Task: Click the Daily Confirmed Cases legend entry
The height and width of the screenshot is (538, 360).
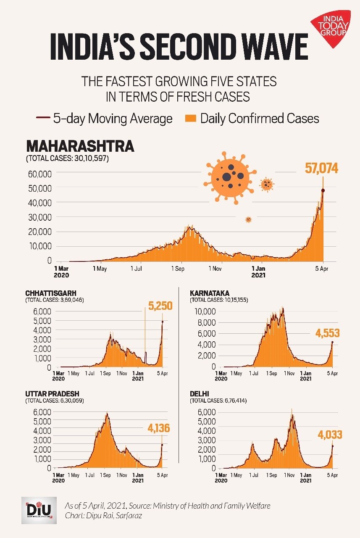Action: click(252, 119)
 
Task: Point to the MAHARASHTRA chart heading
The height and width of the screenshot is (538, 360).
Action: click(80, 146)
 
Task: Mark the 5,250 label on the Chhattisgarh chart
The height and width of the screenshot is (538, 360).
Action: click(158, 306)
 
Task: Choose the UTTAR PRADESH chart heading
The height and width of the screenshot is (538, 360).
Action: click(52, 394)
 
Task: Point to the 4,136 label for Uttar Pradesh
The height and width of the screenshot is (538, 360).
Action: click(159, 429)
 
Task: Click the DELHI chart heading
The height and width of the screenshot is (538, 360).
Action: click(199, 394)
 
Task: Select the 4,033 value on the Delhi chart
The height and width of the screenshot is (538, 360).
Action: click(329, 435)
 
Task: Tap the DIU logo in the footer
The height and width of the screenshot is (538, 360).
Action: click(39, 510)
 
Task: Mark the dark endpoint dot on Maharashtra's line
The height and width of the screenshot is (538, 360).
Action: click(323, 190)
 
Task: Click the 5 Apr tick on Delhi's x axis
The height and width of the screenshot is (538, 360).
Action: click(332, 475)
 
